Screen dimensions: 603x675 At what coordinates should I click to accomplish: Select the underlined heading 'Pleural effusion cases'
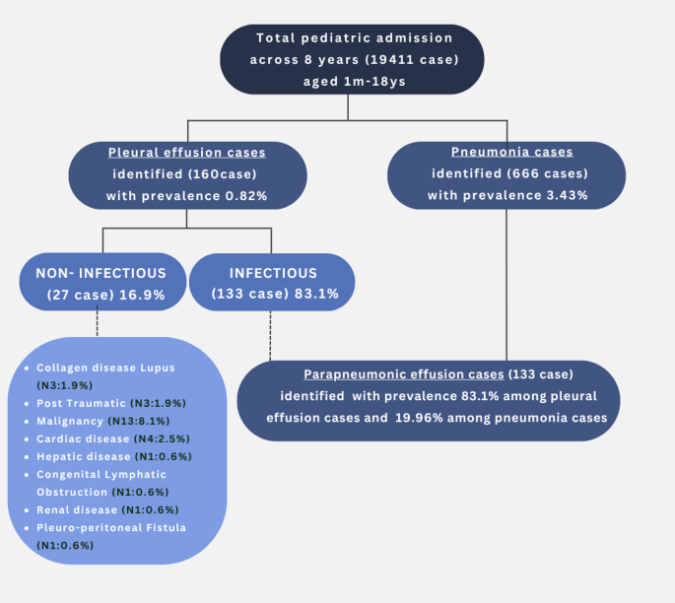point(187,153)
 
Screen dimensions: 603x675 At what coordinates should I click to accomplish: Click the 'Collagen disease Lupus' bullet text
point(105,368)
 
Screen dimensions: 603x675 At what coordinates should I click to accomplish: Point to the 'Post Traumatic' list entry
point(82,402)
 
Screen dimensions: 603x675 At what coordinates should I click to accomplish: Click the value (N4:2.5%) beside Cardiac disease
point(165,438)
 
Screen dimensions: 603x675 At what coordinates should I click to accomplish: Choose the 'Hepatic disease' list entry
point(83,456)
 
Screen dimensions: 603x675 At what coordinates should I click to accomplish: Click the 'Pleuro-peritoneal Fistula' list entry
point(110,527)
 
